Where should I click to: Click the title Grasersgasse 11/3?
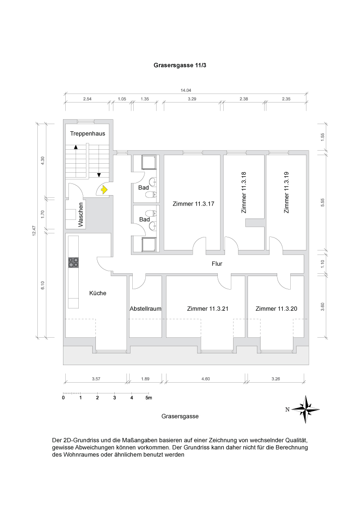click(180, 65)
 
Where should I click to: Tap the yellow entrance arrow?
click(104, 190)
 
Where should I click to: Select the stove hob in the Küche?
click(73, 262)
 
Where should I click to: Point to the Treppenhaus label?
click(87, 134)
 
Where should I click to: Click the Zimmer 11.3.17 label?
click(193, 204)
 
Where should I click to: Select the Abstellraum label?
click(145, 309)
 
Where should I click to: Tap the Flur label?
click(217, 264)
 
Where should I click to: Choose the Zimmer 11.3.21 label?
click(207, 309)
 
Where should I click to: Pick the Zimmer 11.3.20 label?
click(276, 309)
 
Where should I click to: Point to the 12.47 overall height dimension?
click(34, 230)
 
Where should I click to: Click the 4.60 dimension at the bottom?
click(205, 379)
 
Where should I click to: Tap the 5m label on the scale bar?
click(149, 398)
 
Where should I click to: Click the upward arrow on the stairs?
click(76, 147)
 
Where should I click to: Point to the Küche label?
click(98, 293)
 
